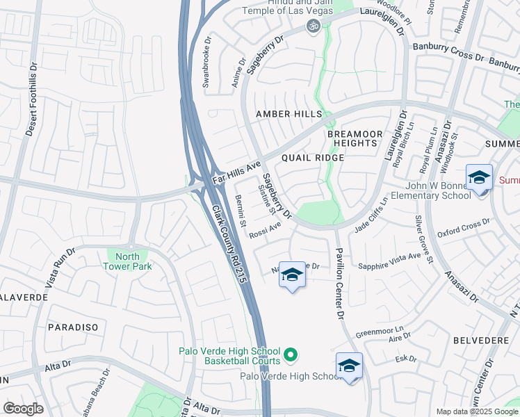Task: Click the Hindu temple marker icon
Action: tap(313, 26)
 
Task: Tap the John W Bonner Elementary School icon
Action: tap(479, 179)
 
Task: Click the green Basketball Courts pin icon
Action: tap(291, 354)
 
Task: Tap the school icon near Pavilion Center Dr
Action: tap(292, 276)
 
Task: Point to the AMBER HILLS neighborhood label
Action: tap(289, 114)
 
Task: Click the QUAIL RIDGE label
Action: tap(312, 158)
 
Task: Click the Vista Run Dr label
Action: tap(60, 268)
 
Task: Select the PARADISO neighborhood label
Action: tap(72, 327)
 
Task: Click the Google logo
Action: tap(22, 409)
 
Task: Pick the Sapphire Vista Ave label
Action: tap(389, 259)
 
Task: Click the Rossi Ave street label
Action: tap(265, 229)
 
